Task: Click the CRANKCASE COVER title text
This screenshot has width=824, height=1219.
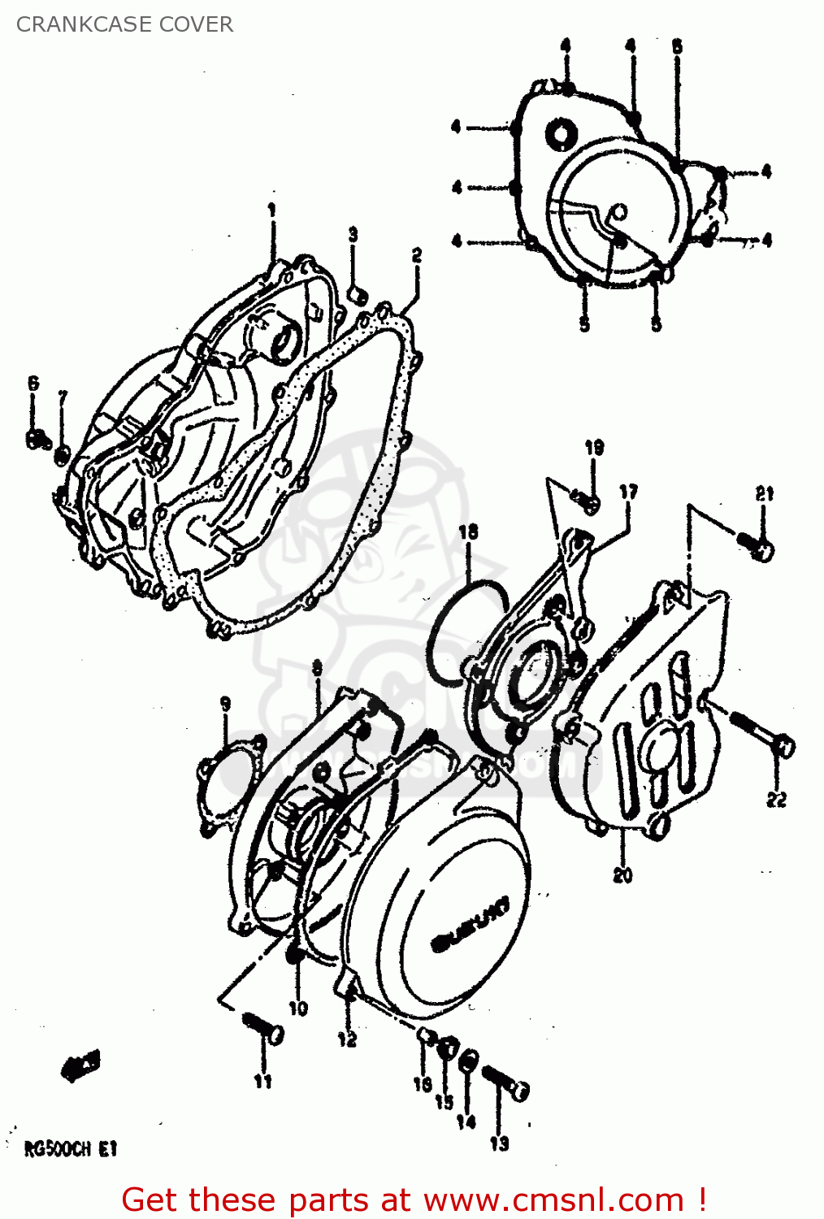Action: [124, 24]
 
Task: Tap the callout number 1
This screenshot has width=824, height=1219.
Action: [272, 210]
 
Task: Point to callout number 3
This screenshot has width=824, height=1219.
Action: [353, 234]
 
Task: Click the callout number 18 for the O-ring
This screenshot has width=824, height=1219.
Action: [468, 532]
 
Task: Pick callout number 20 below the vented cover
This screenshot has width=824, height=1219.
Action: [622, 875]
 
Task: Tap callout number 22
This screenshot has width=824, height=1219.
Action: [776, 800]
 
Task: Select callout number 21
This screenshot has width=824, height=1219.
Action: [764, 493]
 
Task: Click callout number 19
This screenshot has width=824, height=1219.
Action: [594, 447]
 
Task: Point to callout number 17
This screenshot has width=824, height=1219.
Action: [628, 492]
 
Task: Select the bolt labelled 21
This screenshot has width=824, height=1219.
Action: [756, 545]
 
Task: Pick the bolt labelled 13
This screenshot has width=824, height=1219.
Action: [507, 1082]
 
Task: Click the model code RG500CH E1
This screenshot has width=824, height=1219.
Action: [71, 1149]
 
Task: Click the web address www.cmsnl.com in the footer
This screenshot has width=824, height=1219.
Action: [553, 1200]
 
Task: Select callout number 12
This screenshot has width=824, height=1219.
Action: [347, 1039]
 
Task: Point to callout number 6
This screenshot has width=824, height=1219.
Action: [33, 383]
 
